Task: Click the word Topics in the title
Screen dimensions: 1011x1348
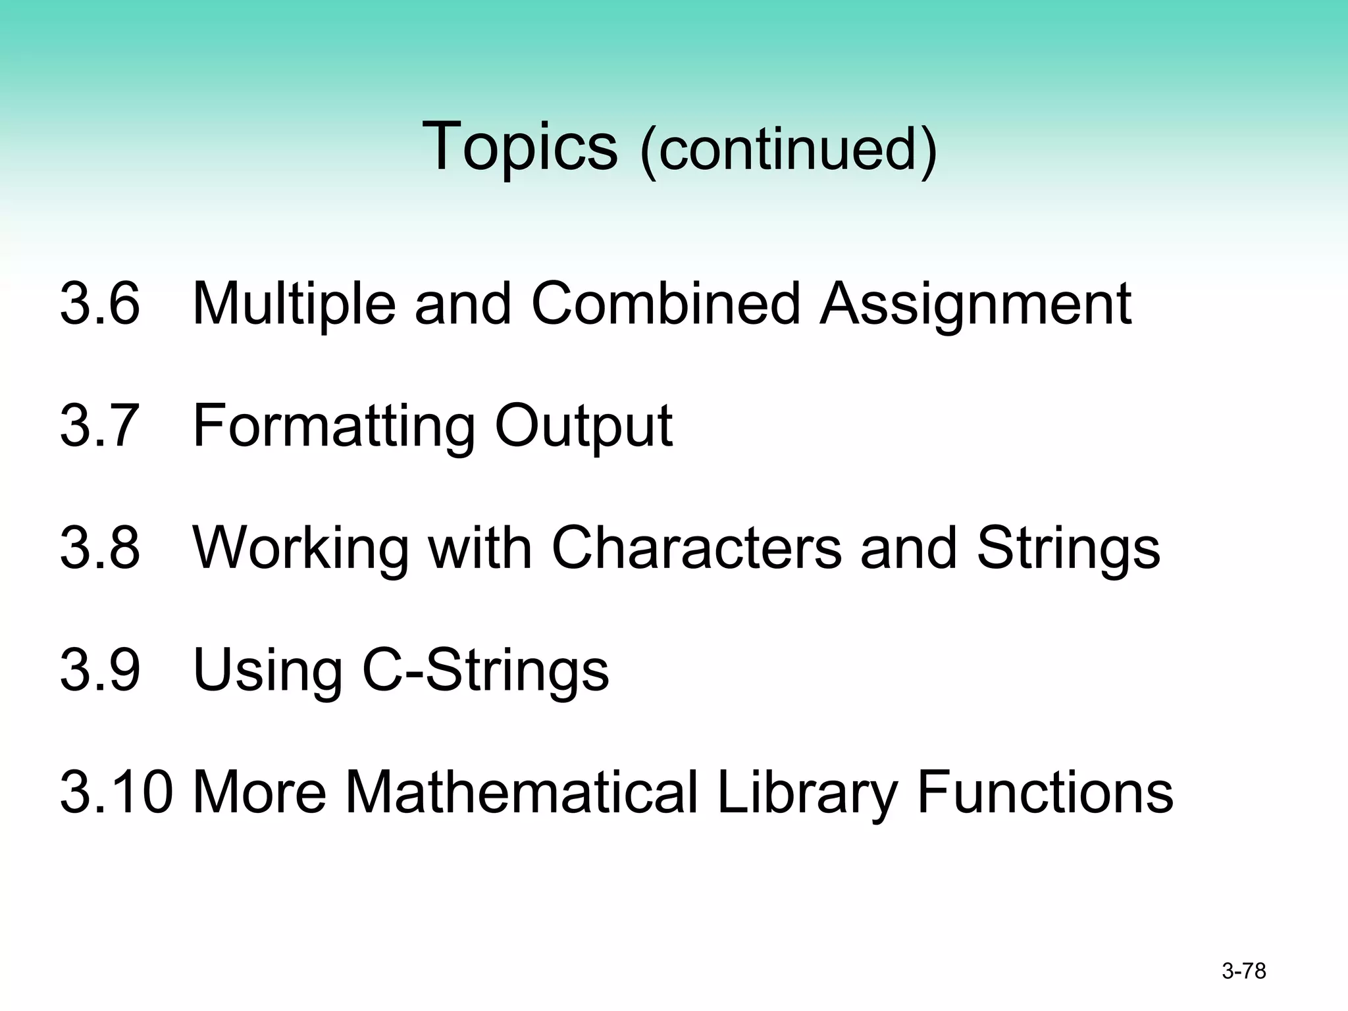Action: (520, 146)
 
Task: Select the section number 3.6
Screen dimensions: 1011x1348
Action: (100, 303)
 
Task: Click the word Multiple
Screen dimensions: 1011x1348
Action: (294, 305)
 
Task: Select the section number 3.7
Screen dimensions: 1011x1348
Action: (100, 426)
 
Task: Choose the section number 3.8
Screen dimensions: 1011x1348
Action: (100, 548)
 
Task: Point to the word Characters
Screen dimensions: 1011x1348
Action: (696, 548)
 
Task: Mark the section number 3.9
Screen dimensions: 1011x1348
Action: (100, 671)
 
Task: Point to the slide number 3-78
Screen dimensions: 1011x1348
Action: (1243, 972)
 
